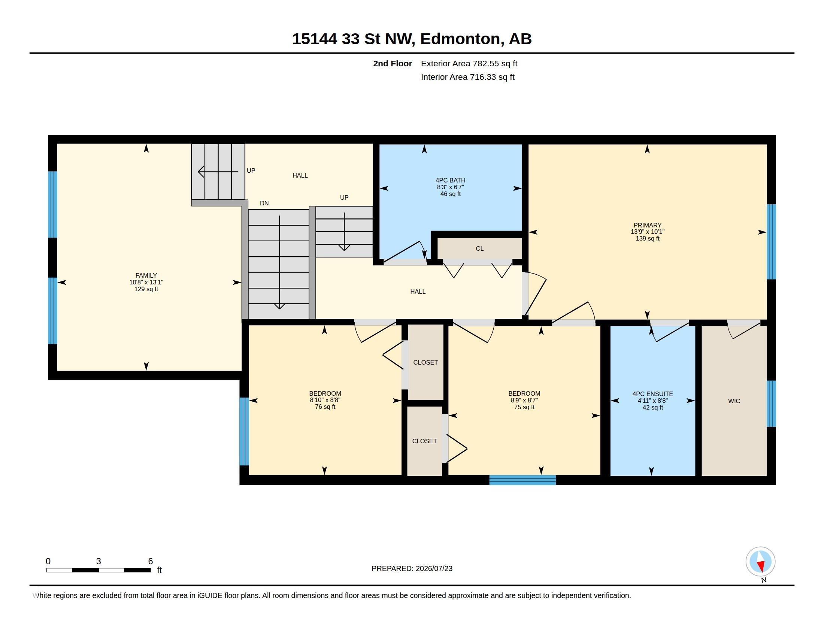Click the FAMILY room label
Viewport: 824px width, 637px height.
click(146, 275)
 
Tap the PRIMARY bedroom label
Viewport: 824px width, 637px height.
click(648, 225)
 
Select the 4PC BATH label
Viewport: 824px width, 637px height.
click(451, 180)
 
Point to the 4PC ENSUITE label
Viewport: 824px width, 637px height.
click(653, 394)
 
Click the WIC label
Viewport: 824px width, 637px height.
click(734, 401)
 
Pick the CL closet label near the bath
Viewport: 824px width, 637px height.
click(479, 249)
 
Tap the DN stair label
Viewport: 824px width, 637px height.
click(264, 203)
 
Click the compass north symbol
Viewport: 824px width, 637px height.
click(760, 562)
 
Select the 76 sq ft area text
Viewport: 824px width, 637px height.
click(325, 407)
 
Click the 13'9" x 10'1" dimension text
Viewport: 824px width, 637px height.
click(648, 232)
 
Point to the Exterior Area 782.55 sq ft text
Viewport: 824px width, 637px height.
click(469, 63)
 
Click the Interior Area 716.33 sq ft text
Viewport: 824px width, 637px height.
click(467, 77)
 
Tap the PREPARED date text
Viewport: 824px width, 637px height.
click(412, 569)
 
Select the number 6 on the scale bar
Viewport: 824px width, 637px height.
click(151, 561)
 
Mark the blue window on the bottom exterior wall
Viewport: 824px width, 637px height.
click(522, 480)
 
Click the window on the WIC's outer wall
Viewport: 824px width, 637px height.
click(772, 404)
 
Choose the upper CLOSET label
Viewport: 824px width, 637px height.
click(425, 363)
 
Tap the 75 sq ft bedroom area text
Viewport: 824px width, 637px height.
click(524, 407)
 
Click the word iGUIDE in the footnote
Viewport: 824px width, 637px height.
click(210, 596)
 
